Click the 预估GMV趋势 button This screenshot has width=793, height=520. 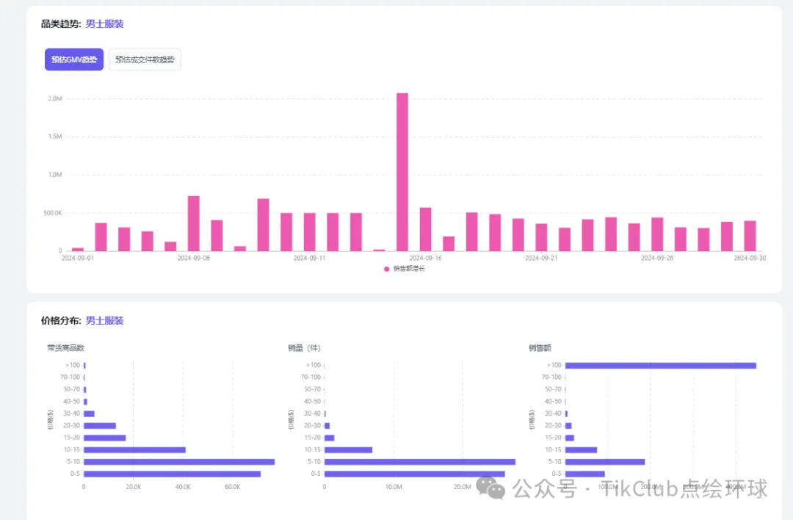click(74, 59)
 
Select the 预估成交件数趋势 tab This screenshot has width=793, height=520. click(145, 59)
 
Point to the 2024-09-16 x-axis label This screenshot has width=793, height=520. click(425, 259)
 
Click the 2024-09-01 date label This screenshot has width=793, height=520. click(78, 259)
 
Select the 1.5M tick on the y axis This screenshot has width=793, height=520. click(54, 137)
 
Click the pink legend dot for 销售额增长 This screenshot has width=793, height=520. click(387, 269)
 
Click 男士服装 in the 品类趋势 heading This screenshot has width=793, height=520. click(104, 24)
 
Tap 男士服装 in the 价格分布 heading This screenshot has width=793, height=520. click(104, 321)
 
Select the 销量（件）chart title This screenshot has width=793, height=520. click(304, 348)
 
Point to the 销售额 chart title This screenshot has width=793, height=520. click(539, 348)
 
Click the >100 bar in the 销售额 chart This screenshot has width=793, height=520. click(660, 365)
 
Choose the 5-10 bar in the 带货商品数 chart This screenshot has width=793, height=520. click(179, 462)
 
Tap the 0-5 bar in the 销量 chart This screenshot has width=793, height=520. click(414, 474)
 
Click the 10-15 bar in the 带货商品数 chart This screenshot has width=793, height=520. click(134, 449)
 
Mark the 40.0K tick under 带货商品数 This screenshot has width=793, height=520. click(183, 487)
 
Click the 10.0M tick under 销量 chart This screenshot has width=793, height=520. click(393, 487)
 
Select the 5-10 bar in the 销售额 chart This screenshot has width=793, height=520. click(605, 462)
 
